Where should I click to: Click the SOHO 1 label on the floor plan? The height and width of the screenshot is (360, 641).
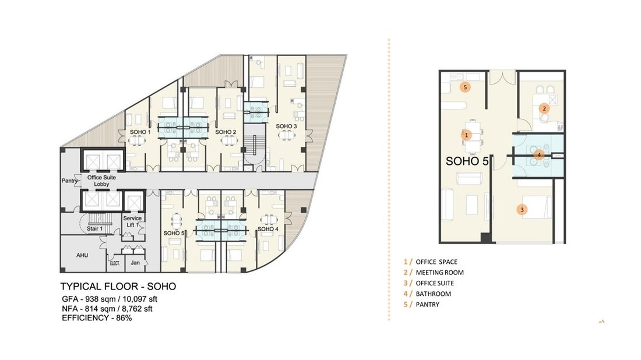140,132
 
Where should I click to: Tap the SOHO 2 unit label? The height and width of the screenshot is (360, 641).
226,132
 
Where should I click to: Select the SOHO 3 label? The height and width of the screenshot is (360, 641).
286,126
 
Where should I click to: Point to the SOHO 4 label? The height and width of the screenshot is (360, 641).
268,229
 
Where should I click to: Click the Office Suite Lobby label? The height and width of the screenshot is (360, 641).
101,181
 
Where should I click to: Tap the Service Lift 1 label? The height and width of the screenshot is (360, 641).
132,221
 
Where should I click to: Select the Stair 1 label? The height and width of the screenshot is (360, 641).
94,228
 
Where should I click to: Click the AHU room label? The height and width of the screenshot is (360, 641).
82,255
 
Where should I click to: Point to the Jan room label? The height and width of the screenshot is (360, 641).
135,262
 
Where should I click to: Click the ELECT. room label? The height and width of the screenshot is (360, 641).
115,263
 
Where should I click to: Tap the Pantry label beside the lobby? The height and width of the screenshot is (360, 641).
69,180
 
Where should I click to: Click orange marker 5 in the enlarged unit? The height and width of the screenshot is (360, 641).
465,87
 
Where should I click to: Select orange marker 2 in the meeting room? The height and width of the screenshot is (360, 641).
544,109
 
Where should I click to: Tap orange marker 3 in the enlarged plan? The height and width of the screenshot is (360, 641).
522,210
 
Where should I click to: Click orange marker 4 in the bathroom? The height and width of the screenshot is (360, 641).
539,156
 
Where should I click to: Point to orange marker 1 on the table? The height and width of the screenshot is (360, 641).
466,135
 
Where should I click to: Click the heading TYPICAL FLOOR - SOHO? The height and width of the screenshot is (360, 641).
118,287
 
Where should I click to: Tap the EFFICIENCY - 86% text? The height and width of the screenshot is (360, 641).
97,318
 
